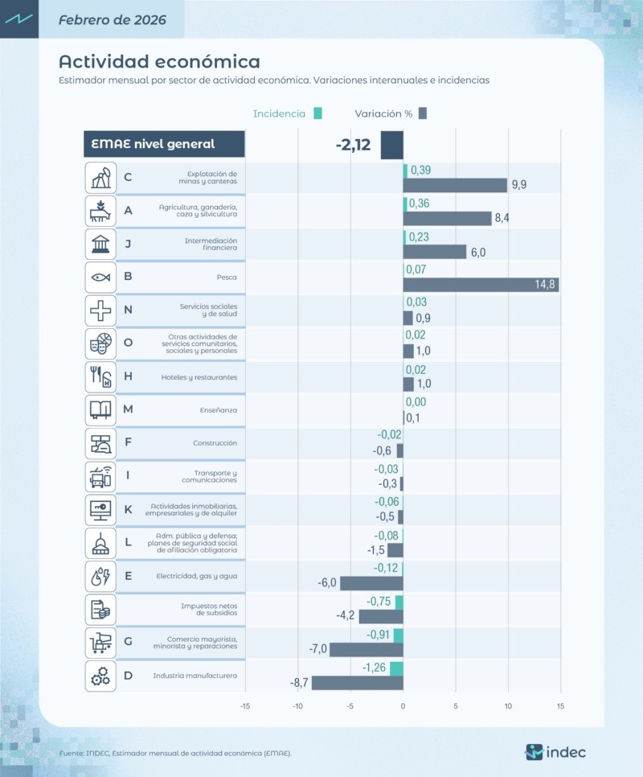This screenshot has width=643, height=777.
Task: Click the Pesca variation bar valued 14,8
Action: coord(481,285)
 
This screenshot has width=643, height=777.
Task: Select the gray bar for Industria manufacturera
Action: coord(358,683)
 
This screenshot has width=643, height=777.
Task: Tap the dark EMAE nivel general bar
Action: coord(391,145)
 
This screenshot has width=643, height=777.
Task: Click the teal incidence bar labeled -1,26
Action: coord(396,668)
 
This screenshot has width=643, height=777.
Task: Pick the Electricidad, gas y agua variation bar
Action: coord(371,583)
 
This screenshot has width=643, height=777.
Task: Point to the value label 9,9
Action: coord(518,186)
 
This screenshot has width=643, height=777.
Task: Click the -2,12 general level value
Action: coord(354,145)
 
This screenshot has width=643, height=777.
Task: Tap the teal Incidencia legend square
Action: coord(317,113)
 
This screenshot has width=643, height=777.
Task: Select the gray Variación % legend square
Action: coord(423,113)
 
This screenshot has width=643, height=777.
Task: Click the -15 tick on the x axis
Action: coord(245,706)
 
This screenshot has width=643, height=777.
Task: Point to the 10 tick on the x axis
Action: coord(508,706)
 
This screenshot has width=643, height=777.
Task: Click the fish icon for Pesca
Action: coord(100,277)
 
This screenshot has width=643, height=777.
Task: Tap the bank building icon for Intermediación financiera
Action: coord(100,244)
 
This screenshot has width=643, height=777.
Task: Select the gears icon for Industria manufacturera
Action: coord(100,676)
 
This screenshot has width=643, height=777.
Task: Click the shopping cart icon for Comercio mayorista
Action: coord(100,643)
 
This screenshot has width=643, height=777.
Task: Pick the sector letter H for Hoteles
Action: coord(129,376)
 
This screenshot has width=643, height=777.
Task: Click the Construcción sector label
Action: coord(215,443)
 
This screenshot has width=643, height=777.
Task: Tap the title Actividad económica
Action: coord(159,62)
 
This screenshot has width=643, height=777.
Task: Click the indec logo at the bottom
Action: coord(555,752)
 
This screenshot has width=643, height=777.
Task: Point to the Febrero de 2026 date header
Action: coord(113,19)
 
